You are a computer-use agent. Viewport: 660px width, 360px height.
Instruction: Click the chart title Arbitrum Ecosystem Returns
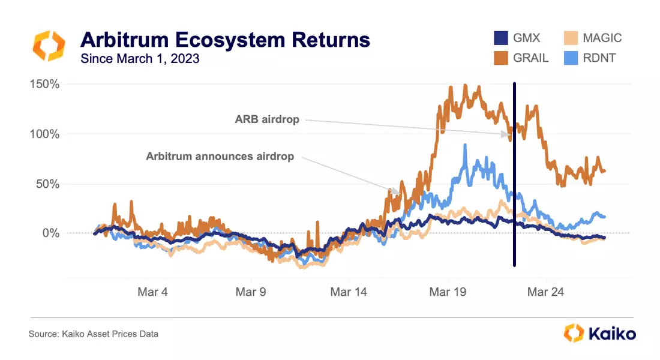(225, 40)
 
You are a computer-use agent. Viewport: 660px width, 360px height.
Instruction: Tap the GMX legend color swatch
(502, 38)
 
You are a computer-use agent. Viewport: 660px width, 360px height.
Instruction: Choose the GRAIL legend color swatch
(502, 58)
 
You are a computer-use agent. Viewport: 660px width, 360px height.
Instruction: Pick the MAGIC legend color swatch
(571, 38)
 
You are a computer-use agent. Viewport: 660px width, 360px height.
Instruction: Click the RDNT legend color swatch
(571, 58)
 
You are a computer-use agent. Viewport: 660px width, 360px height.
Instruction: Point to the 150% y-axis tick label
(44, 84)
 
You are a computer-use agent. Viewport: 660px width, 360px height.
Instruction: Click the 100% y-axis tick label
(44, 134)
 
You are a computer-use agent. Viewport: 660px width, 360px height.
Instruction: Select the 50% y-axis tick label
(47, 184)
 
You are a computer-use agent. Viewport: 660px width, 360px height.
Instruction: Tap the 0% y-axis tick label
(50, 233)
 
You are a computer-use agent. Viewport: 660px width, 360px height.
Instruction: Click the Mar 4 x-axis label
(152, 292)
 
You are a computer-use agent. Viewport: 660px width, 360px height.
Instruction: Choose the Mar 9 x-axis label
(251, 292)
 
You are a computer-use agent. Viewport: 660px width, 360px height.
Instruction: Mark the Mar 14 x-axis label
(349, 292)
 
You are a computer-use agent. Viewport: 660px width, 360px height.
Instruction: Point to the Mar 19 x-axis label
(447, 292)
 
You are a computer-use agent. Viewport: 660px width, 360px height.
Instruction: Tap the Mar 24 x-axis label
(545, 292)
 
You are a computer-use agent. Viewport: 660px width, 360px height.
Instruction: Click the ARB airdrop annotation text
(266, 119)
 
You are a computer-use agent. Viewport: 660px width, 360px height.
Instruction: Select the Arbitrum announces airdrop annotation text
(220, 156)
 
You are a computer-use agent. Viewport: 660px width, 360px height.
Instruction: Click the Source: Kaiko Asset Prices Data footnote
(94, 334)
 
